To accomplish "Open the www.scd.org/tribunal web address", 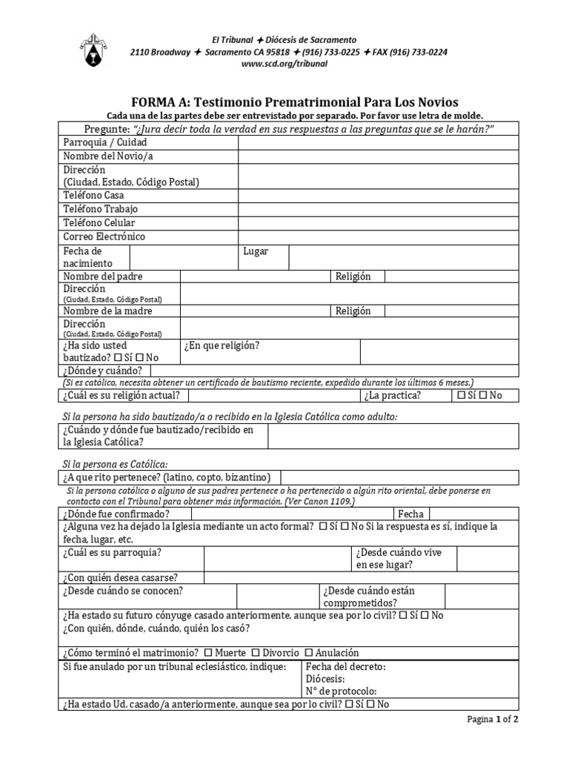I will pyautogui.click(x=284, y=64).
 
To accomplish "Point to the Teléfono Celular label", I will pyautogui.click(x=99, y=223).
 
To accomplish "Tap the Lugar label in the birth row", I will pyautogui.click(x=256, y=252).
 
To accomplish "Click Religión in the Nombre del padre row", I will pyautogui.click(x=353, y=276).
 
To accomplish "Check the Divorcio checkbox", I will pyautogui.click(x=256, y=653).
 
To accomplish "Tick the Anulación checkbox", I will pyautogui.click(x=309, y=653).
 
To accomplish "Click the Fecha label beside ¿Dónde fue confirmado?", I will pyautogui.click(x=410, y=514).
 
